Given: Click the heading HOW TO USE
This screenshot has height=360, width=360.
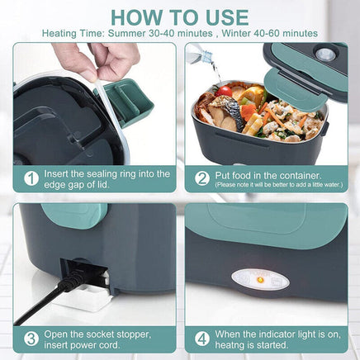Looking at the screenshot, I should (x=179, y=17).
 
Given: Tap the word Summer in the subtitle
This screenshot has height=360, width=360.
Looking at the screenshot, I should (x=133, y=34).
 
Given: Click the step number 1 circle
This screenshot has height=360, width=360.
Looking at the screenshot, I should (x=31, y=178).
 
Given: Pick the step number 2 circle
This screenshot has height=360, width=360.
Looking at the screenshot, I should (x=201, y=178).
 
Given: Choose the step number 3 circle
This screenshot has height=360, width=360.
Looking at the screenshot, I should (x=31, y=339).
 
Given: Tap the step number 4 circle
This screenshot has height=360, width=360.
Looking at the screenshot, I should (x=201, y=339).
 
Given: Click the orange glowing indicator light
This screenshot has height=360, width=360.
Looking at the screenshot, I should (x=259, y=279).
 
